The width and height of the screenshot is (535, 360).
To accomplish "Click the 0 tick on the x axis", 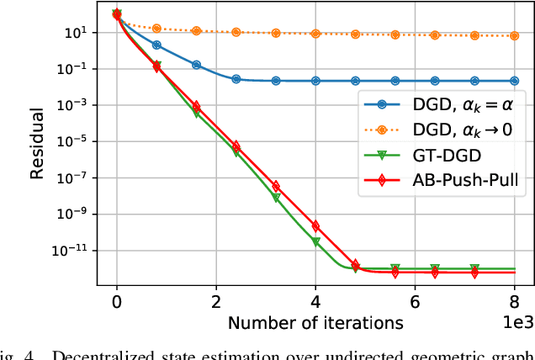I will click(x=117, y=301).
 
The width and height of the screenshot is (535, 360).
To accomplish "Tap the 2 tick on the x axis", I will click(x=216, y=301).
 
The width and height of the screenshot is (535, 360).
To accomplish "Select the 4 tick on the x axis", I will click(x=315, y=301).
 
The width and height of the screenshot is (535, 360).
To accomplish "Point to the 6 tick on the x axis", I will click(x=415, y=301).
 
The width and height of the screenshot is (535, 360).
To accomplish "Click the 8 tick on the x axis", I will click(x=514, y=301).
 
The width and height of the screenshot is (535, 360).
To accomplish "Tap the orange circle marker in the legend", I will click(x=381, y=130).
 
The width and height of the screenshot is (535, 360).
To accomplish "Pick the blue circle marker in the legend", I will click(x=381, y=105).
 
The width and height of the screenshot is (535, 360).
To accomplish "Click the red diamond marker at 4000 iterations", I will click(x=315, y=225).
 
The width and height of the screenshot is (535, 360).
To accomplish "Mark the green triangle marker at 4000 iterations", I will click(x=315, y=241).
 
